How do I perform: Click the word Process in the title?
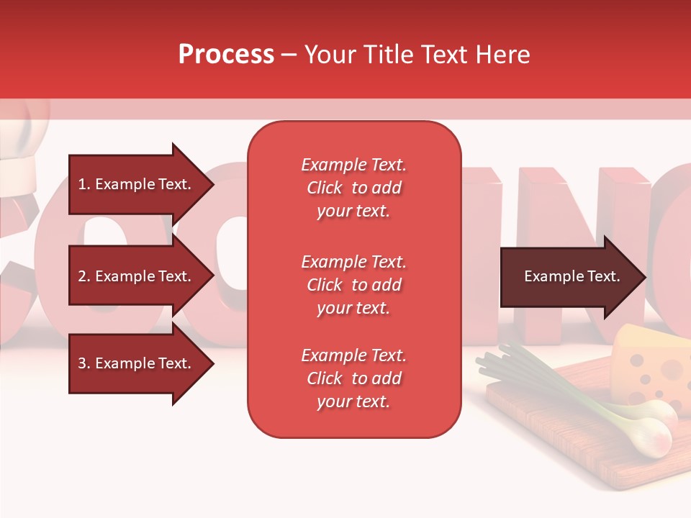(226, 55)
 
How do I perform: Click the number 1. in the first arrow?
(84, 184)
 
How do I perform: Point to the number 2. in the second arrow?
(84, 276)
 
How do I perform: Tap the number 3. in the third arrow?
(84, 363)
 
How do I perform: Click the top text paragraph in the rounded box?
(353, 188)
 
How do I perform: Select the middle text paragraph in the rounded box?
(353, 285)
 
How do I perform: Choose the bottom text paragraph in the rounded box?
(353, 378)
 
